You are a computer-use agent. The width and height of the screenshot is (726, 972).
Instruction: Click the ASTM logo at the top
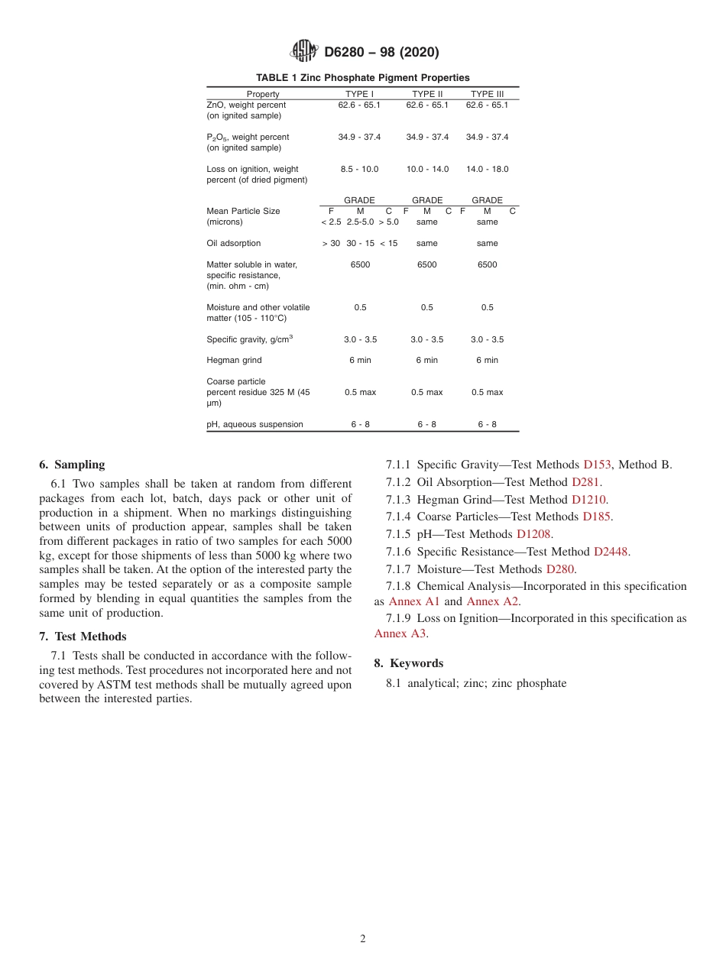[303, 52]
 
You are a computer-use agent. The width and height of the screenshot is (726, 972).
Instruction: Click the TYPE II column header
[427, 94]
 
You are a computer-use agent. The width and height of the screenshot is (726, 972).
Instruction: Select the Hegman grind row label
[234, 360]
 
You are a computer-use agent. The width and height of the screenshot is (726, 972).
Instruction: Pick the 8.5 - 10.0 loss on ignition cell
[359, 169]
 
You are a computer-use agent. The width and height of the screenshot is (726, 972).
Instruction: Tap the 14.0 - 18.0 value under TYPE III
[487, 169]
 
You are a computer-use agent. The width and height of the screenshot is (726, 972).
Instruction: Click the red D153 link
[597, 465]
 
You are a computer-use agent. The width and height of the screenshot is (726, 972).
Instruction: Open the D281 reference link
[585, 482]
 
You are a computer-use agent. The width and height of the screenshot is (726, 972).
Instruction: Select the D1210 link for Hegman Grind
[589, 500]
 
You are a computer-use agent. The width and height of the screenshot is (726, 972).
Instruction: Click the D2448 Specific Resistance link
[611, 552]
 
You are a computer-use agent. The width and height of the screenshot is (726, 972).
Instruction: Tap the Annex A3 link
[400, 633]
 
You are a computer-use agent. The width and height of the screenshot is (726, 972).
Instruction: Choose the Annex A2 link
[492, 601]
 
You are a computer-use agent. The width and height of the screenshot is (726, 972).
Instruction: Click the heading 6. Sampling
[72, 465]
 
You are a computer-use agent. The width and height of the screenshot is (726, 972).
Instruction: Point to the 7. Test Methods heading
[83, 637]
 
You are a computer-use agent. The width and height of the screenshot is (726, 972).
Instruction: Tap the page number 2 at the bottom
[363, 939]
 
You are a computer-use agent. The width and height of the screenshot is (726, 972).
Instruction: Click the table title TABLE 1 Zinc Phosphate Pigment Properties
[362, 78]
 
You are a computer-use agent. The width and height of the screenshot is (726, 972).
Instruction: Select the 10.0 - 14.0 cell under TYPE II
[427, 169]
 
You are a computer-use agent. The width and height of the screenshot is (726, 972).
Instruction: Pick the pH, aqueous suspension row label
[254, 424]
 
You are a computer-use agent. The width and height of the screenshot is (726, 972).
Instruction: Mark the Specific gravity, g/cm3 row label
[249, 339]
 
